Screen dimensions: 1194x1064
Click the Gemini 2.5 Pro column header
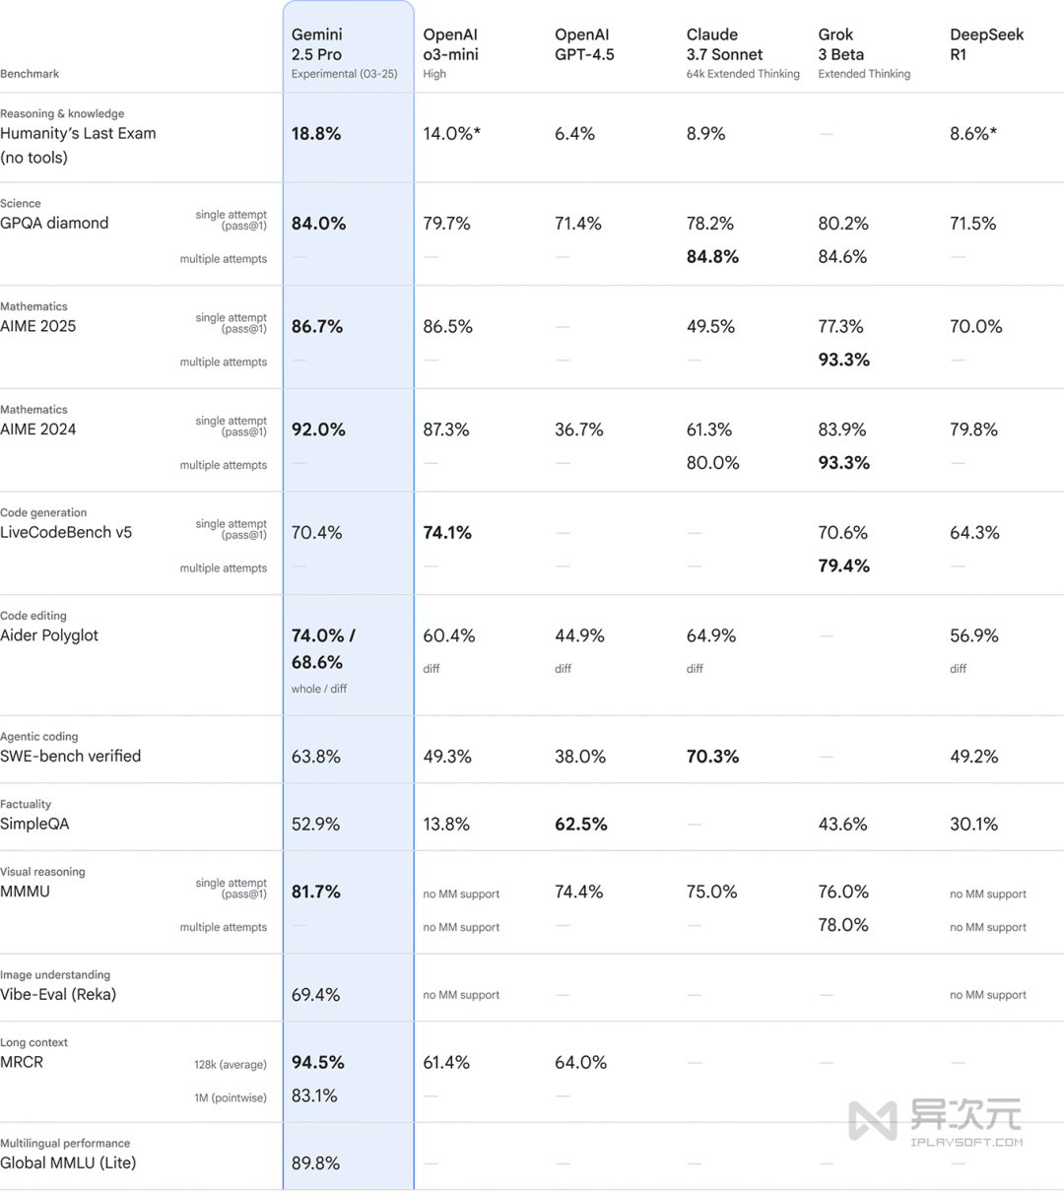tap(316, 44)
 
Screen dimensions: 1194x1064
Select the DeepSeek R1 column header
tap(986, 44)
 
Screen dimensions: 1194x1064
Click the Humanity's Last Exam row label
tap(78, 134)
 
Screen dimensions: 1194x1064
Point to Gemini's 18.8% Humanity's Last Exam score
tap(316, 134)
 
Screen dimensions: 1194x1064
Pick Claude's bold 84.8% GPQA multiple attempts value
tap(712, 257)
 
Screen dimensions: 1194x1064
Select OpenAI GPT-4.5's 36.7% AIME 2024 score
tap(578, 430)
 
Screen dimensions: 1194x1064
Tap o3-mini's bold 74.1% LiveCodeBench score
tap(447, 533)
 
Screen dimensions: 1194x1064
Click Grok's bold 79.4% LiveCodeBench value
tap(843, 566)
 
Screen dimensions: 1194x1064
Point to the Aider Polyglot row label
tap(49, 635)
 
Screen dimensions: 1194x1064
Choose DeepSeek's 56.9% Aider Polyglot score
tap(973, 636)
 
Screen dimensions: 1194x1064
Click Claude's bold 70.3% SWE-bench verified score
tap(712, 757)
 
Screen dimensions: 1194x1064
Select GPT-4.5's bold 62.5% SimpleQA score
tap(580, 825)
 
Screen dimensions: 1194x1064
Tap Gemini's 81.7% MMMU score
tap(316, 892)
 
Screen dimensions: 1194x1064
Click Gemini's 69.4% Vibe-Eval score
tap(315, 995)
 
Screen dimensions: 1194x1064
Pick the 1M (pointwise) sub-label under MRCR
tap(231, 1097)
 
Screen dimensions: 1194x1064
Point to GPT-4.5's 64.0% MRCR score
tap(580, 1063)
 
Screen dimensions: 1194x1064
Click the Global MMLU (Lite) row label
tap(68, 1162)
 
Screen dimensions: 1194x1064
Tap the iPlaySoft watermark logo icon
tap(873, 1121)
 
